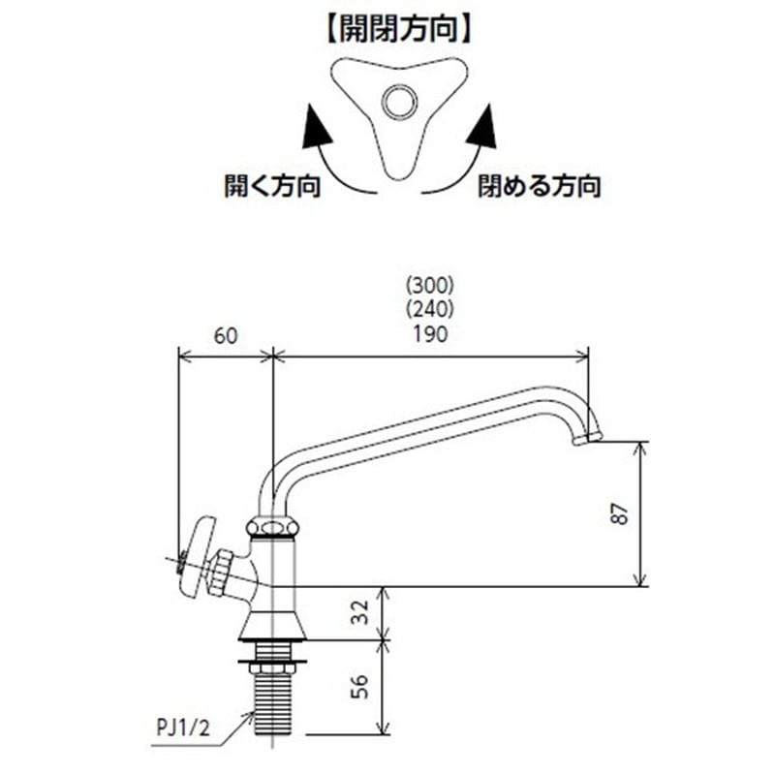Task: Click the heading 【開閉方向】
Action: point(398,29)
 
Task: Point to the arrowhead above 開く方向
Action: point(314,129)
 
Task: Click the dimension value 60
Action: point(225,336)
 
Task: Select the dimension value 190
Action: point(430,336)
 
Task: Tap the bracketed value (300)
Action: point(430,286)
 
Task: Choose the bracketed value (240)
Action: point(430,310)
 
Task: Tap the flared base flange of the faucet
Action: point(273,626)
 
